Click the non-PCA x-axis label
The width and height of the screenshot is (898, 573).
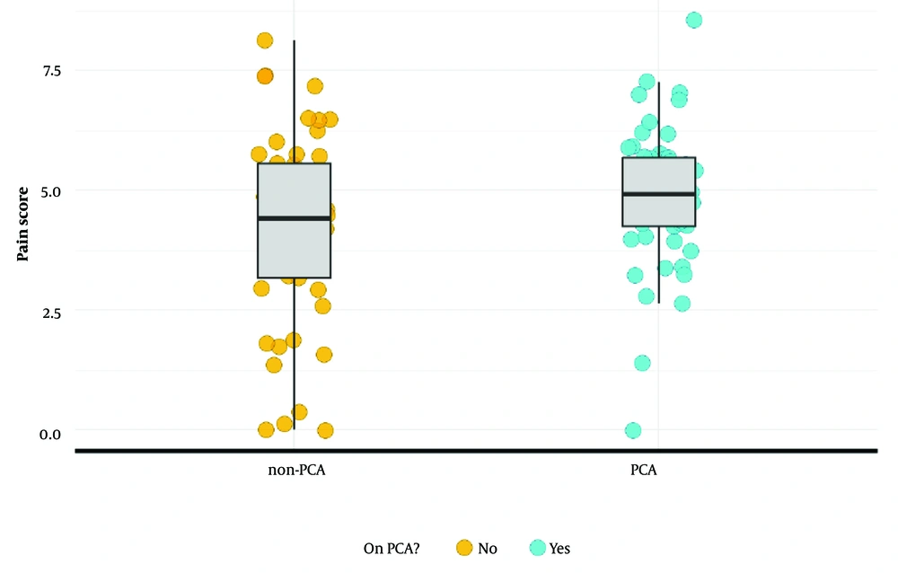[295, 471]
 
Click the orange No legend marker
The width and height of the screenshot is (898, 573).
[464, 547]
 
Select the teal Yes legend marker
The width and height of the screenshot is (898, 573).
[537, 547]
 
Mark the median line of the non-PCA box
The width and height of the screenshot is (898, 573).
[295, 218]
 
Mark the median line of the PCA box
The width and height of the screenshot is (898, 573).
[658, 194]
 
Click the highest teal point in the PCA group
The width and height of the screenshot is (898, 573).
[694, 20]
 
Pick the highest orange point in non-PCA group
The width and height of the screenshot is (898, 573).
[265, 40]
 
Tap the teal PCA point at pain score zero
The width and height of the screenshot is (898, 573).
[633, 430]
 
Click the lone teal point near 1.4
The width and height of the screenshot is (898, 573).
[642, 363]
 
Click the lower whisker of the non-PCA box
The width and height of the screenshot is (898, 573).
[295, 359]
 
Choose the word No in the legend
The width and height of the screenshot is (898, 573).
[487, 548]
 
